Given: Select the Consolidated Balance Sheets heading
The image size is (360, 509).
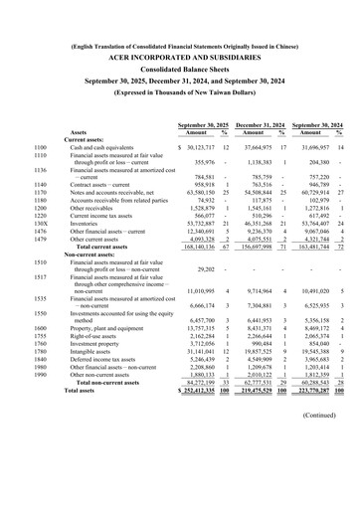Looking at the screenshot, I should pos(180,75).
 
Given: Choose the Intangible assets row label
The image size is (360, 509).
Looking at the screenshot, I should pos(97,352).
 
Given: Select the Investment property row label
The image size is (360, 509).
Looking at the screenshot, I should pos(100,343).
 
